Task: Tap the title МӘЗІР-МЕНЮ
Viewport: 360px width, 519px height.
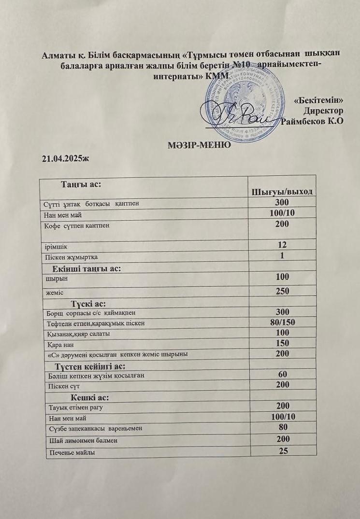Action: coord(198,144)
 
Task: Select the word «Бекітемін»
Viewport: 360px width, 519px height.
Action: coord(319,101)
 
